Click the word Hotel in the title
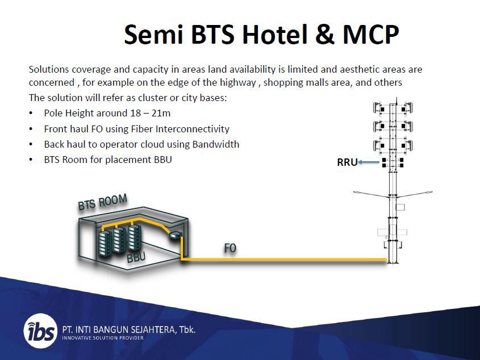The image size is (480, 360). (x=274, y=34)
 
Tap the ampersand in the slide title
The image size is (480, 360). (x=325, y=34)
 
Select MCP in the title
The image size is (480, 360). (x=371, y=34)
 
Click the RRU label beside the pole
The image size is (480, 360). (x=347, y=162)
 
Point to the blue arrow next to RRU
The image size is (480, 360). (x=369, y=162)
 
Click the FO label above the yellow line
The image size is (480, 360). (x=230, y=248)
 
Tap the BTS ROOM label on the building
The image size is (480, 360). (x=103, y=202)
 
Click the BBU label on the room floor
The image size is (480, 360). (x=136, y=257)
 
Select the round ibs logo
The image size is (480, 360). (x=40, y=330)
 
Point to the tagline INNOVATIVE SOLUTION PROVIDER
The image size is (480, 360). (x=103, y=338)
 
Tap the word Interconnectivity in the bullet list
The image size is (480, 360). (x=192, y=129)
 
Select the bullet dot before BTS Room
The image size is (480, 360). (x=31, y=160)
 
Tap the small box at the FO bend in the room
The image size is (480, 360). (x=176, y=236)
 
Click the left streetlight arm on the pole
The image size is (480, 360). (x=371, y=194)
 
